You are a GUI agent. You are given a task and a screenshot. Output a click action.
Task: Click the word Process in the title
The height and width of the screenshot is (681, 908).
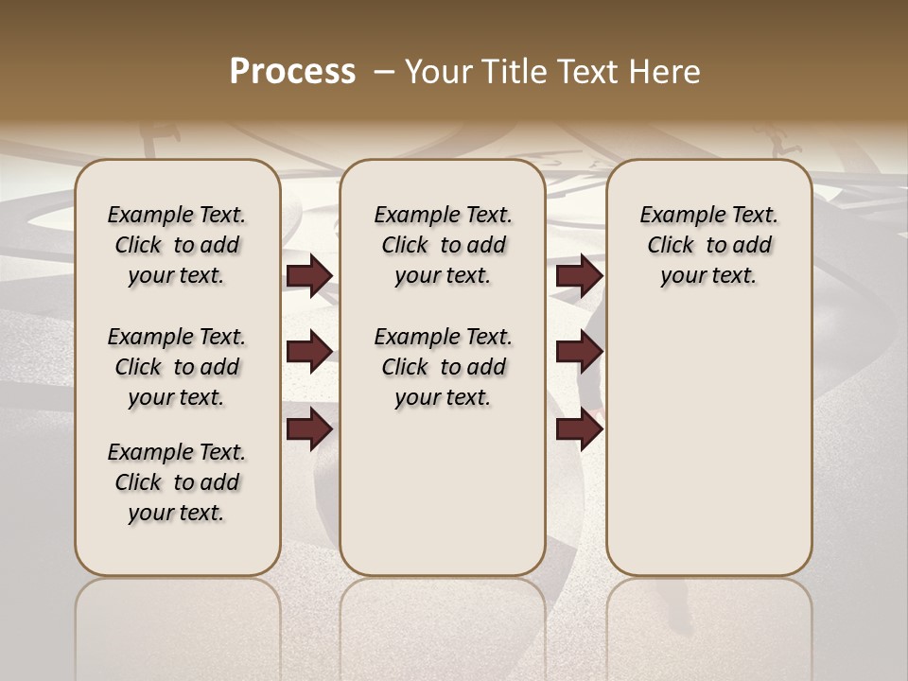pyautogui.click(x=292, y=72)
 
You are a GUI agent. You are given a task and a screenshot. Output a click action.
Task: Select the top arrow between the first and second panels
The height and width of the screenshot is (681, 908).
pyautogui.click(x=309, y=276)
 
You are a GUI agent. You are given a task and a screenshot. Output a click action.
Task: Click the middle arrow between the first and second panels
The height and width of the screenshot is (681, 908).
pyautogui.click(x=309, y=352)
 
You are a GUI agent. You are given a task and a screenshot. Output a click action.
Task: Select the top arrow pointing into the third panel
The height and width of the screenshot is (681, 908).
pyautogui.click(x=579, y=276)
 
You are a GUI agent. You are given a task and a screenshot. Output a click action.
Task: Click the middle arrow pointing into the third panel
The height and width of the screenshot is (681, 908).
pyautogui.click(x=579, y=352)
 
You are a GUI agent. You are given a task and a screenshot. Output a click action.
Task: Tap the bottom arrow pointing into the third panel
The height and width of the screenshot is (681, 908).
pyautogui.click(x=579, y=430)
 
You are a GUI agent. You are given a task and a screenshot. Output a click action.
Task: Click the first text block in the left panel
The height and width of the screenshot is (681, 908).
pyautogui.click(x=177, y=245)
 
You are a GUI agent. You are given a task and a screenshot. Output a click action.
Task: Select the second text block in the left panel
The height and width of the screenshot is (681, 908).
pyautogui.click(x=177, y=367)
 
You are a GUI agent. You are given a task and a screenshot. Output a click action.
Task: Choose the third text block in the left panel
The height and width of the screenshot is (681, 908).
pyautogui.click(x=177, y=482)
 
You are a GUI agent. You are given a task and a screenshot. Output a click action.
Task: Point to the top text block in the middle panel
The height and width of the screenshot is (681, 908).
pyautogui.click(x=443, y=245)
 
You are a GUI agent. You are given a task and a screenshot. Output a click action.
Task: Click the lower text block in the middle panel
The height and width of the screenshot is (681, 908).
pyautogui.click(x=443, y=367)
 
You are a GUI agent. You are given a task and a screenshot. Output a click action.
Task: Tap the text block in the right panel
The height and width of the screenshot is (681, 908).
pyautogui.click(x=708, y=245)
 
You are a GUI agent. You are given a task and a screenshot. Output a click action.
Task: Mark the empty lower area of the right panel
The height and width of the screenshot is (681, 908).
pyautogui.click(x=708, y=435)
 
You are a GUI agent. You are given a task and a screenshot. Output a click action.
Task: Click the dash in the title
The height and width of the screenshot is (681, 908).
pyautogui.click(x=384, y=72)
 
